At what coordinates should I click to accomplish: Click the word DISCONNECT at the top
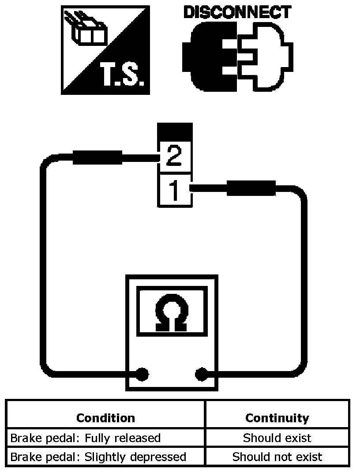click(238, 12)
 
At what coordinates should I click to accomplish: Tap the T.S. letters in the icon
click(122, 74)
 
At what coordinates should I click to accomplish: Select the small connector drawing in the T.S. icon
click(86, 29)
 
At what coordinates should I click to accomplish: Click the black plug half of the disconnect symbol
click(210, 57)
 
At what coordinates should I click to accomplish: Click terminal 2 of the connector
click(175, 156)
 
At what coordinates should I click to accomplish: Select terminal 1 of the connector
click(175, 190)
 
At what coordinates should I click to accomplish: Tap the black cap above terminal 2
click(175, 131)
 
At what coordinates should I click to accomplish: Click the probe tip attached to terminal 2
click(97, 157)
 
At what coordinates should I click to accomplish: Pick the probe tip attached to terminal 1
click(251, 188)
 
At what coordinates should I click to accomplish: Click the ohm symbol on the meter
click(172, 313)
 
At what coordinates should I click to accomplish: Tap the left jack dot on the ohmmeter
click(142, 374)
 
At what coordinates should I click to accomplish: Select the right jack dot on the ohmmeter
click(202, 374)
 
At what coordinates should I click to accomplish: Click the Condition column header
click(105, 418)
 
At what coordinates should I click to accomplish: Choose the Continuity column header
click(277, 418)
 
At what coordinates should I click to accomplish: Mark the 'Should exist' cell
click(277, 438)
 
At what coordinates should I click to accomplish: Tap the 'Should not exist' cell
click(277, 457)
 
